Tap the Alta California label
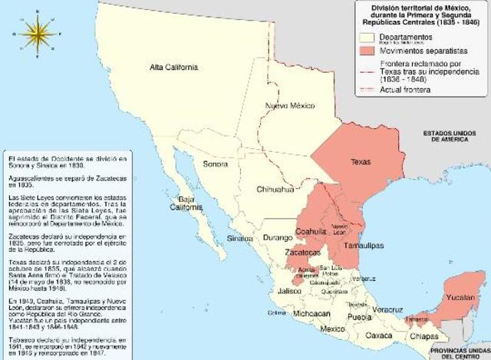click(173, 68)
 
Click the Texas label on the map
click(360, 162)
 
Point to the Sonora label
click(215, 164)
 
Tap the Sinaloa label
click(240, 239)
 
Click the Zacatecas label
click(304, 252)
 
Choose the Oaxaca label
click(379, 335)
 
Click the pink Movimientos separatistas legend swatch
click(370, 50)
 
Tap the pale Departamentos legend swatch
click(370, 36)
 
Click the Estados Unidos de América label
click(457, 137)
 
